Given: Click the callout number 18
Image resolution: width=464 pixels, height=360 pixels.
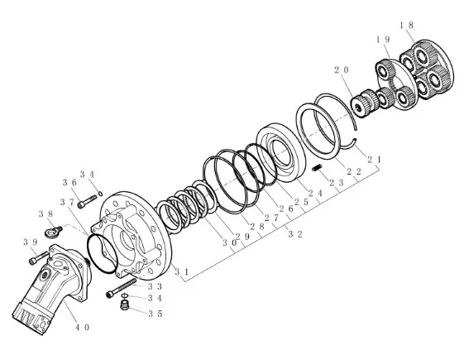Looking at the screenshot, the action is (x=406, y=26).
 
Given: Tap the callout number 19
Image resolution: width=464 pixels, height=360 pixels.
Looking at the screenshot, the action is (x=383, y=40).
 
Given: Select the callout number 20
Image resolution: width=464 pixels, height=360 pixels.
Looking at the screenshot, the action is (x=342, y=70).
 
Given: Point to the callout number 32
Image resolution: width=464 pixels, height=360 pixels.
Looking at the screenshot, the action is (x=295, y=234).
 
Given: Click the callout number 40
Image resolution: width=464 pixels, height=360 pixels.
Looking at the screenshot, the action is (x=82, y=328).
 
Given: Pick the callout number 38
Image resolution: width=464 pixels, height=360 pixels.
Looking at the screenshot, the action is (x=45, y=214).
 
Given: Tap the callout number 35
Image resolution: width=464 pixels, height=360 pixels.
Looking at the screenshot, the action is (x=155, y=314).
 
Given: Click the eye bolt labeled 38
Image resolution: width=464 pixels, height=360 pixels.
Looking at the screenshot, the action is (x=53, y=231).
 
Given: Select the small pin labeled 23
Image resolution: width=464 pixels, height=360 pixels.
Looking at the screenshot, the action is (x=317, y=168).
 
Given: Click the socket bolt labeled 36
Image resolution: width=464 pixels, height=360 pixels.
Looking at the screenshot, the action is (x=87, y=201).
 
